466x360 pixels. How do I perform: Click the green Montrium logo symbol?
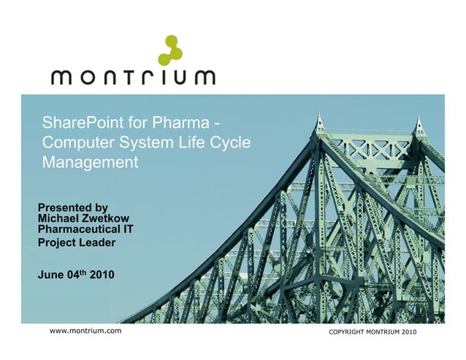coord(170,50)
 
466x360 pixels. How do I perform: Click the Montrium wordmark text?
coord(133,77)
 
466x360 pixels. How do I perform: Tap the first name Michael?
coord(58,218)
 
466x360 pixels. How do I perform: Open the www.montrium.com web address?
coord(85,332)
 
